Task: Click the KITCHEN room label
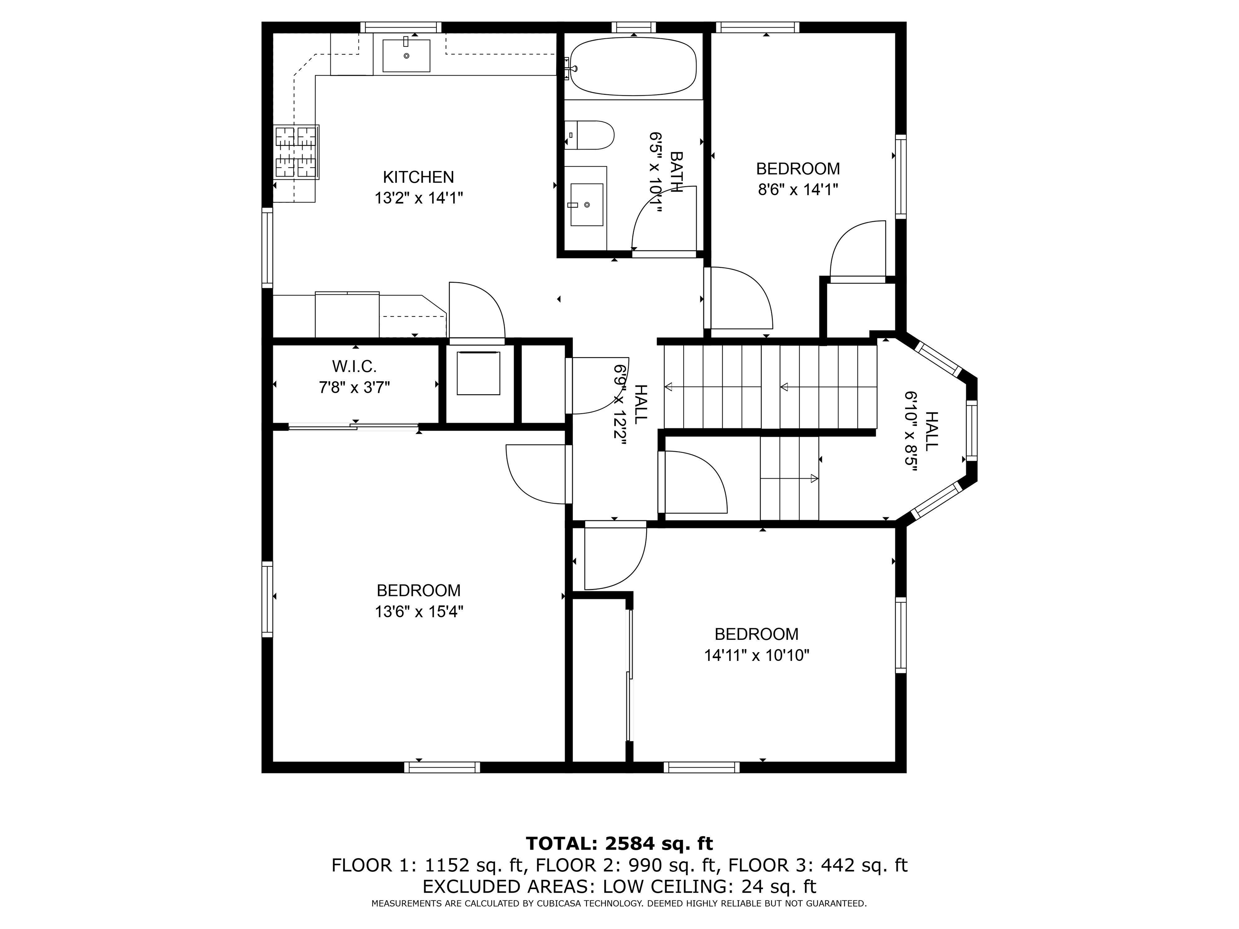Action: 418,177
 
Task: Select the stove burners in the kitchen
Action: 296,152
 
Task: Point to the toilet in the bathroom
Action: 589,135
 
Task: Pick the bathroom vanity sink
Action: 586,204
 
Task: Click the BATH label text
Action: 677,172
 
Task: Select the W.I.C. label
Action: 354,366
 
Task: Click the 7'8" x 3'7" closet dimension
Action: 354,387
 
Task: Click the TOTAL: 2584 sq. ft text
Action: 619,844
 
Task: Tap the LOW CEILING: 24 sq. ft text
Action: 709,886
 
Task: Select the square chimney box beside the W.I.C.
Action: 478,373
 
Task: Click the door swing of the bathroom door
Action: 661,219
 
